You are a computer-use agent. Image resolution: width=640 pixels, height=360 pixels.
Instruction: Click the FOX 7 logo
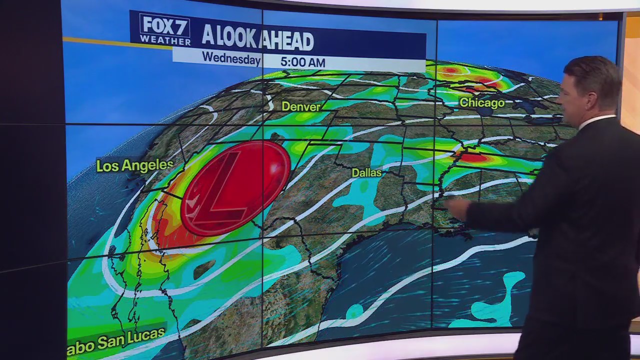(x=158, y=25)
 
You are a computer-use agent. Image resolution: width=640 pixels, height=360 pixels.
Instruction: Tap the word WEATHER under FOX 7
(x=158, y=39)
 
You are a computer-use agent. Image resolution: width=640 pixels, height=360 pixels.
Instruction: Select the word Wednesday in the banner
(x=231, y=57)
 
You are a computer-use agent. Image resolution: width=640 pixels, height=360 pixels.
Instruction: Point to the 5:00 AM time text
(x=302, y=62)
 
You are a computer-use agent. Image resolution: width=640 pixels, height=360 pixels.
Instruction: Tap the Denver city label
(x=300, y=106)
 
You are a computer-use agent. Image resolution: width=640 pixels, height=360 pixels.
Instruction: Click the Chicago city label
(x=482, y=103)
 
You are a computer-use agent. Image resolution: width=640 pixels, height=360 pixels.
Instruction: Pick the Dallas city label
(x=366, y=172)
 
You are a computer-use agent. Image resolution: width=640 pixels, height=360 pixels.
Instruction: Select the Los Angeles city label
(x=134, y=165)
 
